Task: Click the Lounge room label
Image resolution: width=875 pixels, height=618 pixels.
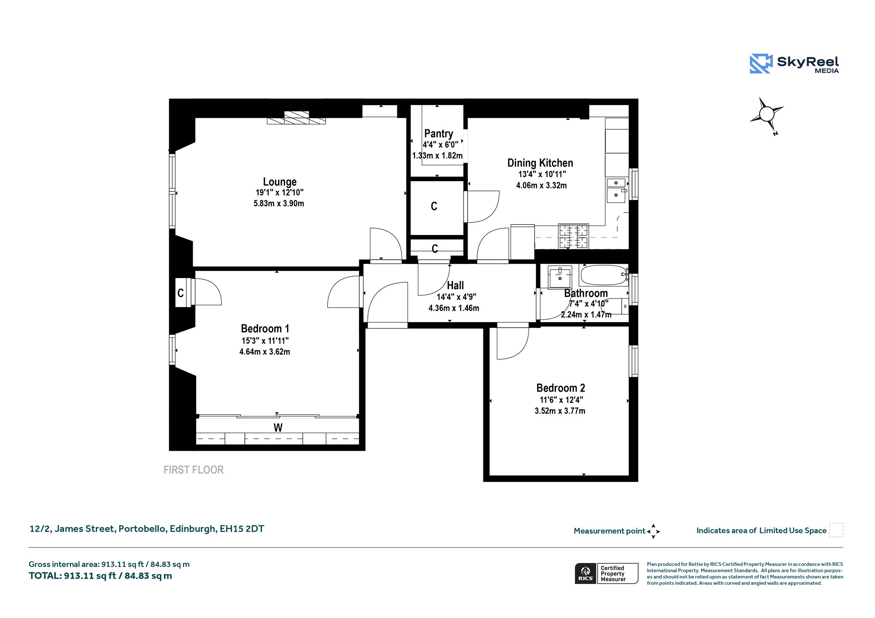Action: (279, 182)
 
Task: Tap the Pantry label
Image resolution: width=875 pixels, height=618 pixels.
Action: (438, 134)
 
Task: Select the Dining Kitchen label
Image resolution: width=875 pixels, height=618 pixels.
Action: (540, 163)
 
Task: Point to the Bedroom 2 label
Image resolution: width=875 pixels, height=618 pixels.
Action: (561, 388)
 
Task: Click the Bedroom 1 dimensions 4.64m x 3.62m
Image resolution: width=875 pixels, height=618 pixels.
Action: (264, 352)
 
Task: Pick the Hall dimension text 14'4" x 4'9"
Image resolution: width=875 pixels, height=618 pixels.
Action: (456, 297)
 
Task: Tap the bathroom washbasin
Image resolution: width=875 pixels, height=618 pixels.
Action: (560, 277)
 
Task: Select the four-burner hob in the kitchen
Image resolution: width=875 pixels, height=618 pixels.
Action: (573, 236)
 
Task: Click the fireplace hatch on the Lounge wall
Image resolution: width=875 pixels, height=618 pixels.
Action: (296, 117)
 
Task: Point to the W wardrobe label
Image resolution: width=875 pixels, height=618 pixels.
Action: (278, 428)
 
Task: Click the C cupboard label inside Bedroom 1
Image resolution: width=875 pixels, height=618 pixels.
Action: (180, 293)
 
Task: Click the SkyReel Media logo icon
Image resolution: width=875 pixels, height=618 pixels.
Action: (761, 64)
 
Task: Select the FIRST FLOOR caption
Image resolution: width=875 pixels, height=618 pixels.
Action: (194, 470)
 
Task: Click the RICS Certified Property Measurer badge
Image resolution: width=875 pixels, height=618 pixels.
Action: (606, 573)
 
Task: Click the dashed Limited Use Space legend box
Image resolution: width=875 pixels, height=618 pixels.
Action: (836, 530)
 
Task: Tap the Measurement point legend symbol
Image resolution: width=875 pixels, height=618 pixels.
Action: (653, 531)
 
